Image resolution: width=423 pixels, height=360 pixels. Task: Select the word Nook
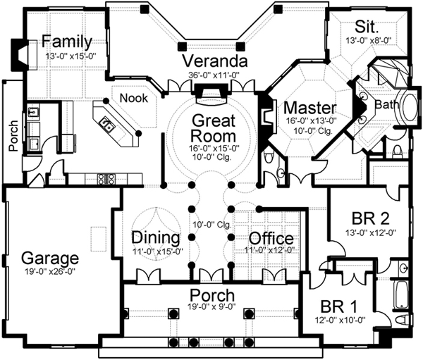(133, 98)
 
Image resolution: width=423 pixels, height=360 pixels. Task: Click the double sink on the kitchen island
(108, 125)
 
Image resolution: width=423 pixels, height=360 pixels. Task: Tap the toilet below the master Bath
(397, 149)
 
